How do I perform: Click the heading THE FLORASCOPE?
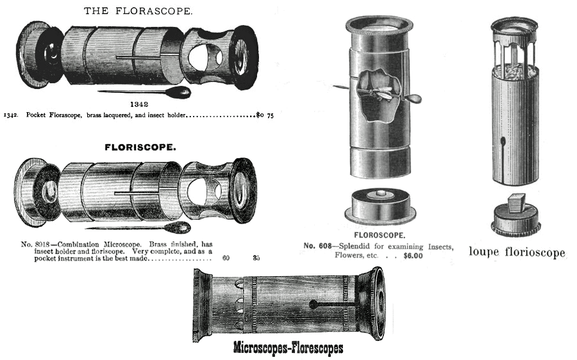[x=138, y=11]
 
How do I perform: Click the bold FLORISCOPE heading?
[x=140, y=147]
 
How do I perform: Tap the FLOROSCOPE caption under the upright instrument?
[x=380, y=235]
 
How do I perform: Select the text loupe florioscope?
[x=517, y=252]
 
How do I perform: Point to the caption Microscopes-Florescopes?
[x=288, y=348]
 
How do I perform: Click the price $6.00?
[x=413, y=256]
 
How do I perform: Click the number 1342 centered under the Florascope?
[x=139, y=104]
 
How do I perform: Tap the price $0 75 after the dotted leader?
[x=265, y=115]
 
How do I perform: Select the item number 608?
[x=325, y=246]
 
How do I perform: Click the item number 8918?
[x=44, y=245]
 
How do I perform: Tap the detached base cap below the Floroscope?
[x=380, y=206]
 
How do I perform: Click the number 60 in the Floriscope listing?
[x=226, y=258]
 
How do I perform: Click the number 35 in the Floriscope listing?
[x=256, y=258]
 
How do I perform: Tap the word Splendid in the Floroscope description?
[x=355, y=247]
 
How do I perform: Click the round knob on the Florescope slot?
[x=313, y=304]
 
